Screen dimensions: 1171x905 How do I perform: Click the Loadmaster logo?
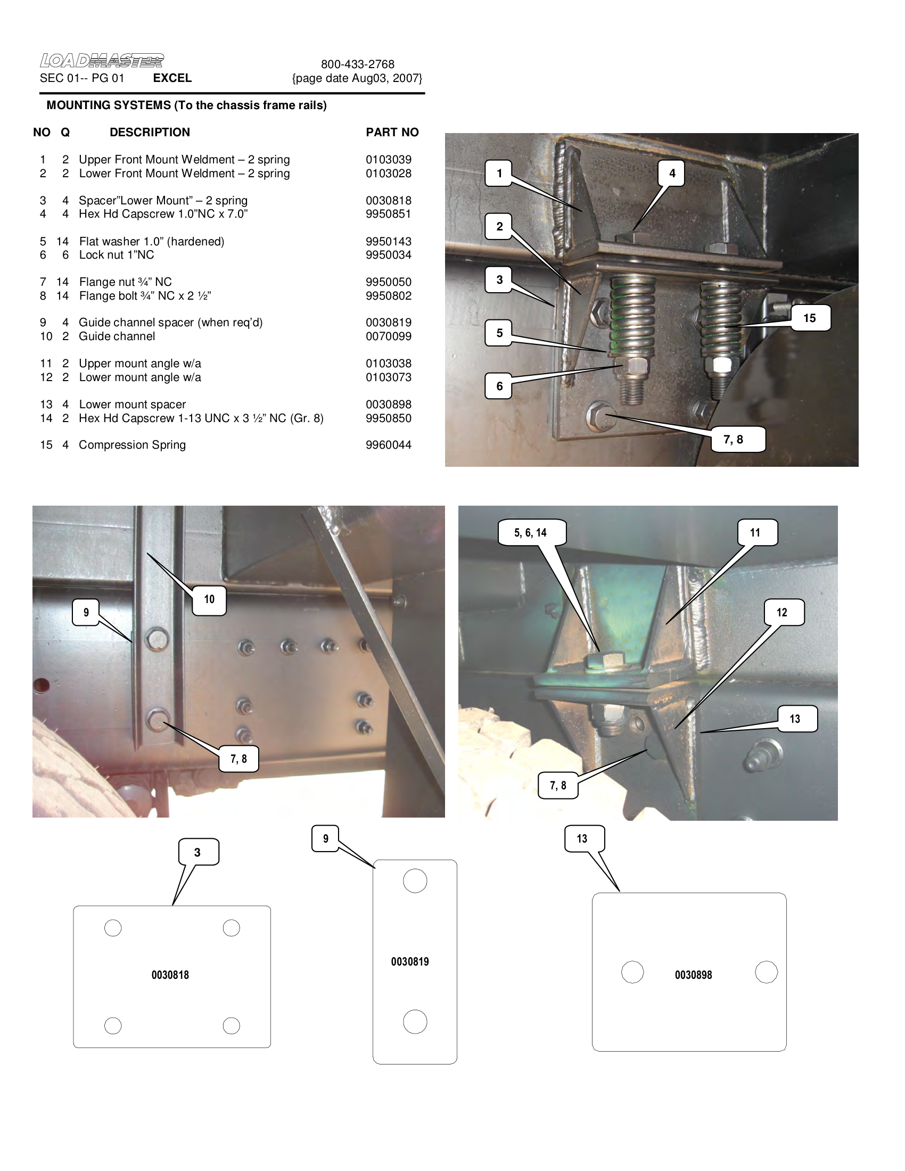[101, 61]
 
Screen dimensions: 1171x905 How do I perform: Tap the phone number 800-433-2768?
[358, 64]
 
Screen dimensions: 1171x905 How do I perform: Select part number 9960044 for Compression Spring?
[388, 445]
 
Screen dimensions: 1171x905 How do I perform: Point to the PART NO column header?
[392, 133]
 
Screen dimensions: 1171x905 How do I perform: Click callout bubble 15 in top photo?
[810, 318]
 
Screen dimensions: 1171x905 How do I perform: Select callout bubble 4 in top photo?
[672, 173]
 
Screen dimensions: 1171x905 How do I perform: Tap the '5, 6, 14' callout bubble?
[530, 532]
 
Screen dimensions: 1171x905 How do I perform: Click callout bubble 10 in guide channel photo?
[209, 599]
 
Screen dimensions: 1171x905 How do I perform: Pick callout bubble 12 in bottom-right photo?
[781, 612]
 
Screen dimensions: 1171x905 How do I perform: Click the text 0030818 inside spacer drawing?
[170, 975]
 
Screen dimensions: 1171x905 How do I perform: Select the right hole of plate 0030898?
[766, 972]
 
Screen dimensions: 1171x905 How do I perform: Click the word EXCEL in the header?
[172, 78]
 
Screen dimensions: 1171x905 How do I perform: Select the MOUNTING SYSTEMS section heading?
[186, 105]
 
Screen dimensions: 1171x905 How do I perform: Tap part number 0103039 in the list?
[388, 160]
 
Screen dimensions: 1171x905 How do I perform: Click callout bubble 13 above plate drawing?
[582, 838]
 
